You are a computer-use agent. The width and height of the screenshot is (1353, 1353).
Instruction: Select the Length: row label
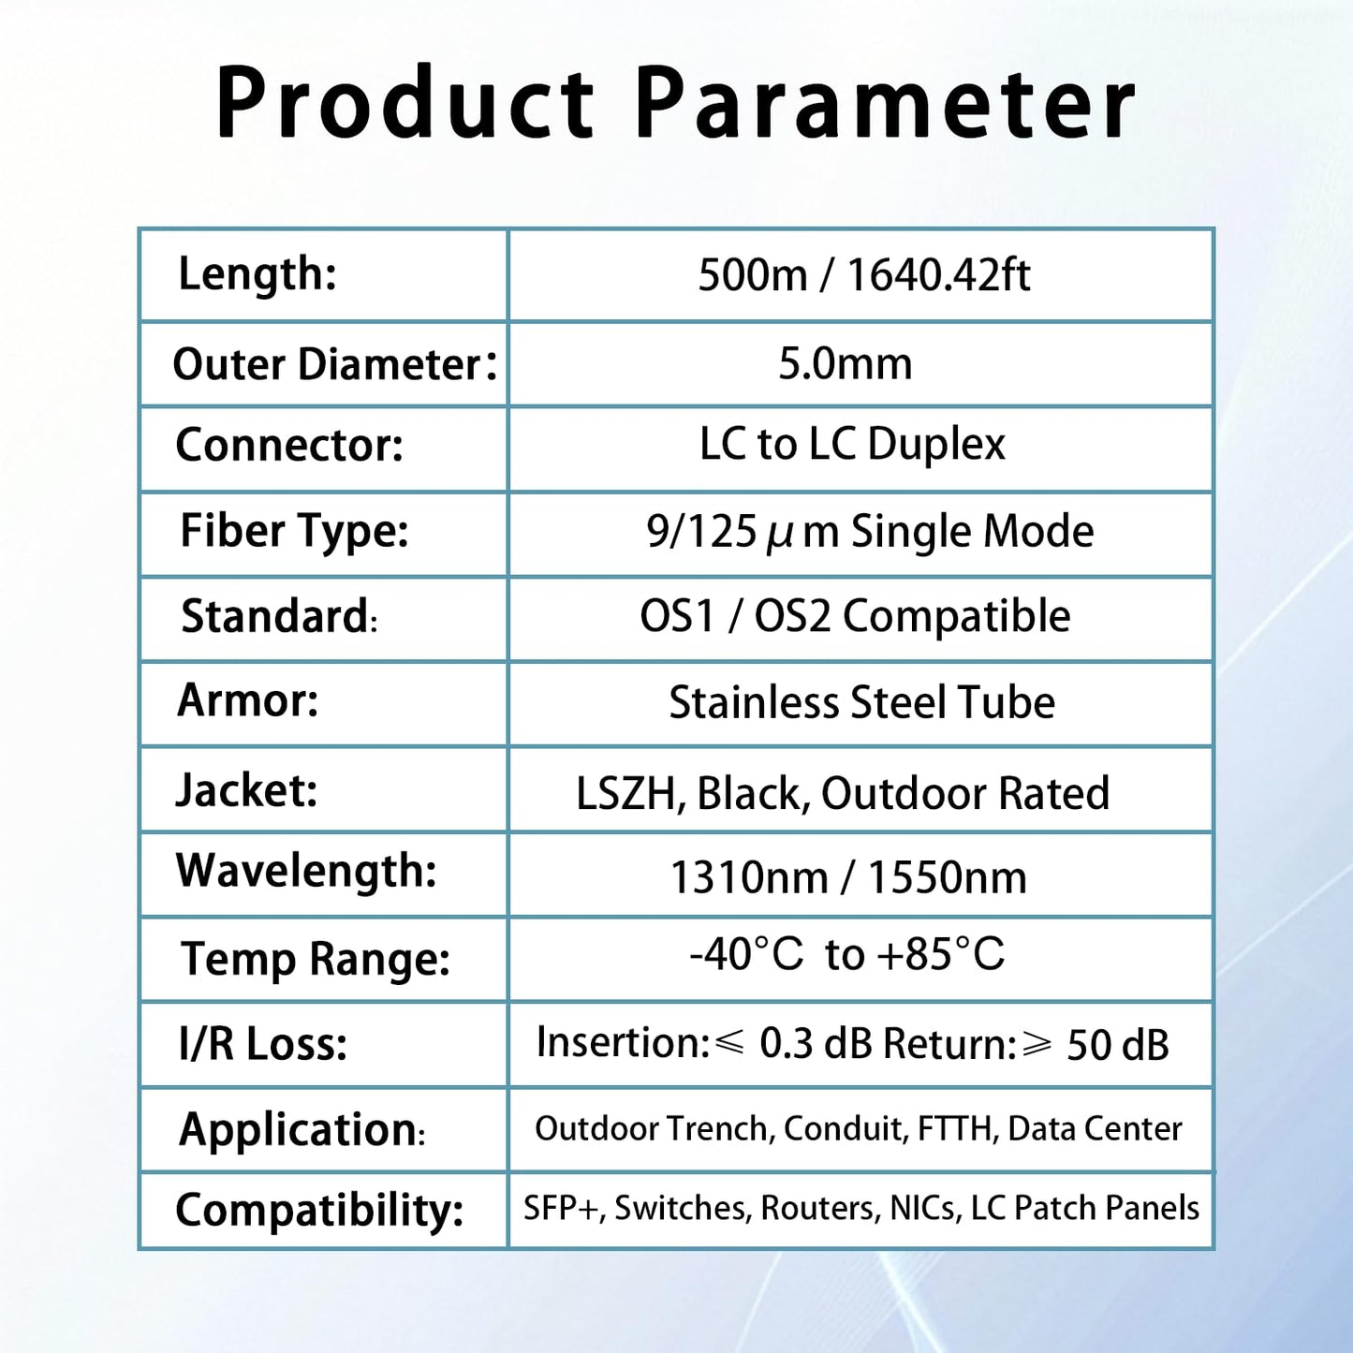tap(257, 274)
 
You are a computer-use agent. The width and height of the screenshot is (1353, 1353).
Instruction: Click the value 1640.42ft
tap(938, 275)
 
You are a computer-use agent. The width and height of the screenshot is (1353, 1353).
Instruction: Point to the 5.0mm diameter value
tap(845, 363)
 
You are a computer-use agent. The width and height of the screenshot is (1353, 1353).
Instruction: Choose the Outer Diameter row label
tap(334, 364)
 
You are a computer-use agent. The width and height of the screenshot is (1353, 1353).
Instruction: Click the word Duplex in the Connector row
tap(935, 444)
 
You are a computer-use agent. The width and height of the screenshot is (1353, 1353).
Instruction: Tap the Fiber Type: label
tap(294, 531)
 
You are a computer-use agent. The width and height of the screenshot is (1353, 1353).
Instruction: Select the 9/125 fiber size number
tap(701, 532)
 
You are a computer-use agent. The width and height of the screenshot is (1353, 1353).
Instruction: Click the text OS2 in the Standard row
tap(792, 617)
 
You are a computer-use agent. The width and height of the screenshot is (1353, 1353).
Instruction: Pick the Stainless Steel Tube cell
tap(861, 702)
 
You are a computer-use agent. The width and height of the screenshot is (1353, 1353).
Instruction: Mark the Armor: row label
tap(248, 699)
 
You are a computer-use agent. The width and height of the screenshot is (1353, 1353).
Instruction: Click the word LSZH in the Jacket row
tap(625, 793)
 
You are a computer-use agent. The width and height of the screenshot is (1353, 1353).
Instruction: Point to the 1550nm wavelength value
tap(947, 878)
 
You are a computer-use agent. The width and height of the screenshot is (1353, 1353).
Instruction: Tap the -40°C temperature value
tap(746, 954)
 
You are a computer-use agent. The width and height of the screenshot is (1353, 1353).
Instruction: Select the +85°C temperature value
tap(940, 954)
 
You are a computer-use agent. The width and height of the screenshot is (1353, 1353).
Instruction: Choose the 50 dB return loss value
tap(1117, 1045)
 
